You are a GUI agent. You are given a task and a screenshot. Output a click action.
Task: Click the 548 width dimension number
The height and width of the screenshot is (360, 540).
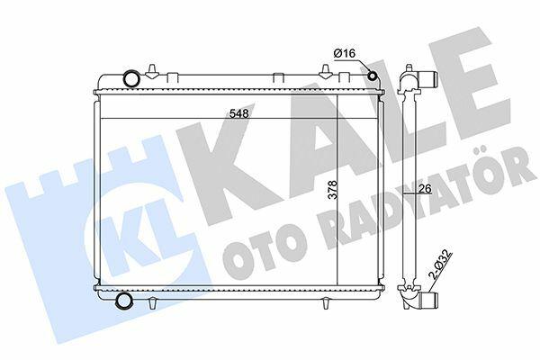pos(239,113)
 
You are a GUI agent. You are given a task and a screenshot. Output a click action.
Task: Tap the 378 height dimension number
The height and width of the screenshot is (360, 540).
pos(333,190)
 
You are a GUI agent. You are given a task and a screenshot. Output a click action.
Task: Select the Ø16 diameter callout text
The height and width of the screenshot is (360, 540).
pos(345,53)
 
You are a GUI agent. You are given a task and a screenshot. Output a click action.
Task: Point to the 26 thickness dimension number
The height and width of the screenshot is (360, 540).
pos(426,189)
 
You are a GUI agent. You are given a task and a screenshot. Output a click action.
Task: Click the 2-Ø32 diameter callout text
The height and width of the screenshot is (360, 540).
pos(439,265)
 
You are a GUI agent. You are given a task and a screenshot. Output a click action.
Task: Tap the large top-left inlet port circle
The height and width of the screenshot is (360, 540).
pos(131,78)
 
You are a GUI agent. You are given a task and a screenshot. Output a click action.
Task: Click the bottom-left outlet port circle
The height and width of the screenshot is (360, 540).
pos(123,300)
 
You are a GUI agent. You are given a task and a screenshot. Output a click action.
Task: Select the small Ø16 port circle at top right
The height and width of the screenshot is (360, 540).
pos(373,76)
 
